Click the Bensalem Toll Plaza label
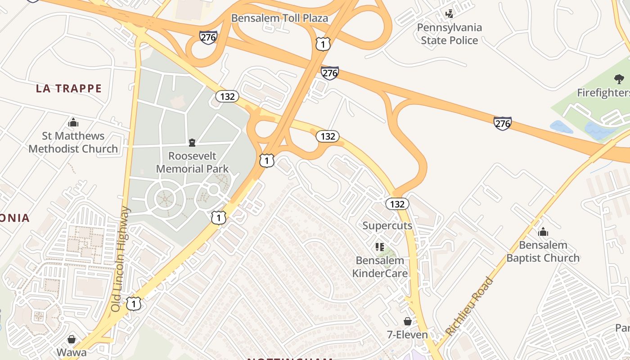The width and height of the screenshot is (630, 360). click(279, 18)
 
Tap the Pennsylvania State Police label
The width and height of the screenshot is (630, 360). click(449, 34)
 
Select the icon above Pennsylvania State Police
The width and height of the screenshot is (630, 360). click(449, 14)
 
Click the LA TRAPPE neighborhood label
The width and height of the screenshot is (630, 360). click(69, 88)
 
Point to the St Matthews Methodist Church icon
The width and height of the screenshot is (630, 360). click(73, 122)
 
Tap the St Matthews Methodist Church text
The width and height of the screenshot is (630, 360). click(73, 142)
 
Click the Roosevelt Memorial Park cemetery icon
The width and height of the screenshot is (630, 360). click(192, 143)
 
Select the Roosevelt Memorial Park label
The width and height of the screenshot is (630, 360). click(192, 162)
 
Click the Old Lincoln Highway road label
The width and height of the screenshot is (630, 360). click(120, 259)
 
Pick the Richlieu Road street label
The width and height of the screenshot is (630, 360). click(469, 306)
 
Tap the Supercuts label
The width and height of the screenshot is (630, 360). click(387, 225)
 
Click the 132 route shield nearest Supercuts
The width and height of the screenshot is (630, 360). click(397, 204)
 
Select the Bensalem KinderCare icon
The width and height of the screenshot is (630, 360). click(379, 247)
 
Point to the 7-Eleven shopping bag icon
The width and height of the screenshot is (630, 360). click(407, 321)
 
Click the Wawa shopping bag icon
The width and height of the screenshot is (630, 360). click(72, 339)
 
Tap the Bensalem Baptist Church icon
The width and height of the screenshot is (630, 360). click(543, 232)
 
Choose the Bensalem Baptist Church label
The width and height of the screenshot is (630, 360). click(543, 252)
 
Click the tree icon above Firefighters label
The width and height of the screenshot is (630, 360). click(619, 80)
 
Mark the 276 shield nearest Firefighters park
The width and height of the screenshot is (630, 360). click(502, 123)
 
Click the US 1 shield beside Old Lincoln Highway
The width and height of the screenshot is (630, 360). click(133, 304)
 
